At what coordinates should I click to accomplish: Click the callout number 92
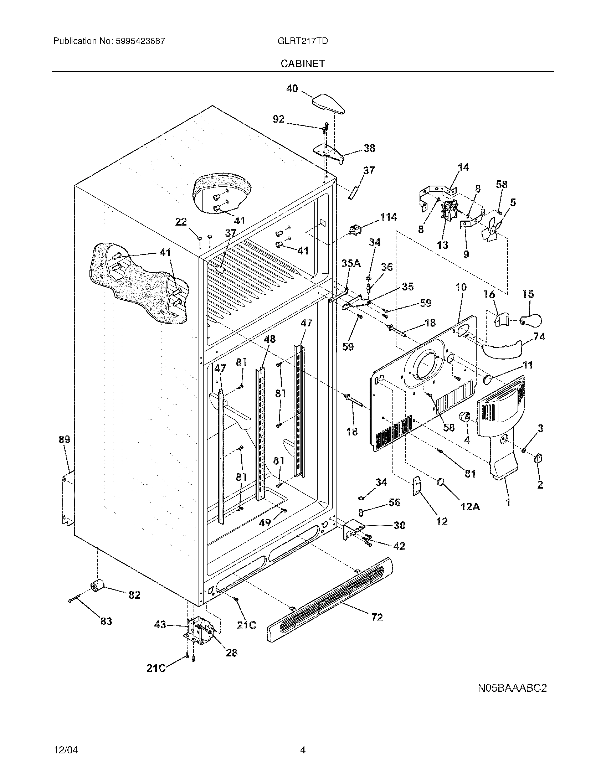[279, 119]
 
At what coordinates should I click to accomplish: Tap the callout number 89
[64, 440]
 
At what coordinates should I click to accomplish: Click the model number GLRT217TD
[302, 41]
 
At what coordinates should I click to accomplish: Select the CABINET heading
[302, 63]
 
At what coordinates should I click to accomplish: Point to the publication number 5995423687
[140, 41]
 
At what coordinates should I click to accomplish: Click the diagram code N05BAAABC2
[512, 688]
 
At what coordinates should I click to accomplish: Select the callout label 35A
[351, 263]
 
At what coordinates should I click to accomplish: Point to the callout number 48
[269, 339]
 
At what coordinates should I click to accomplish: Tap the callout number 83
[106, 621]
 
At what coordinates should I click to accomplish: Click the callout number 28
[232, 653]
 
